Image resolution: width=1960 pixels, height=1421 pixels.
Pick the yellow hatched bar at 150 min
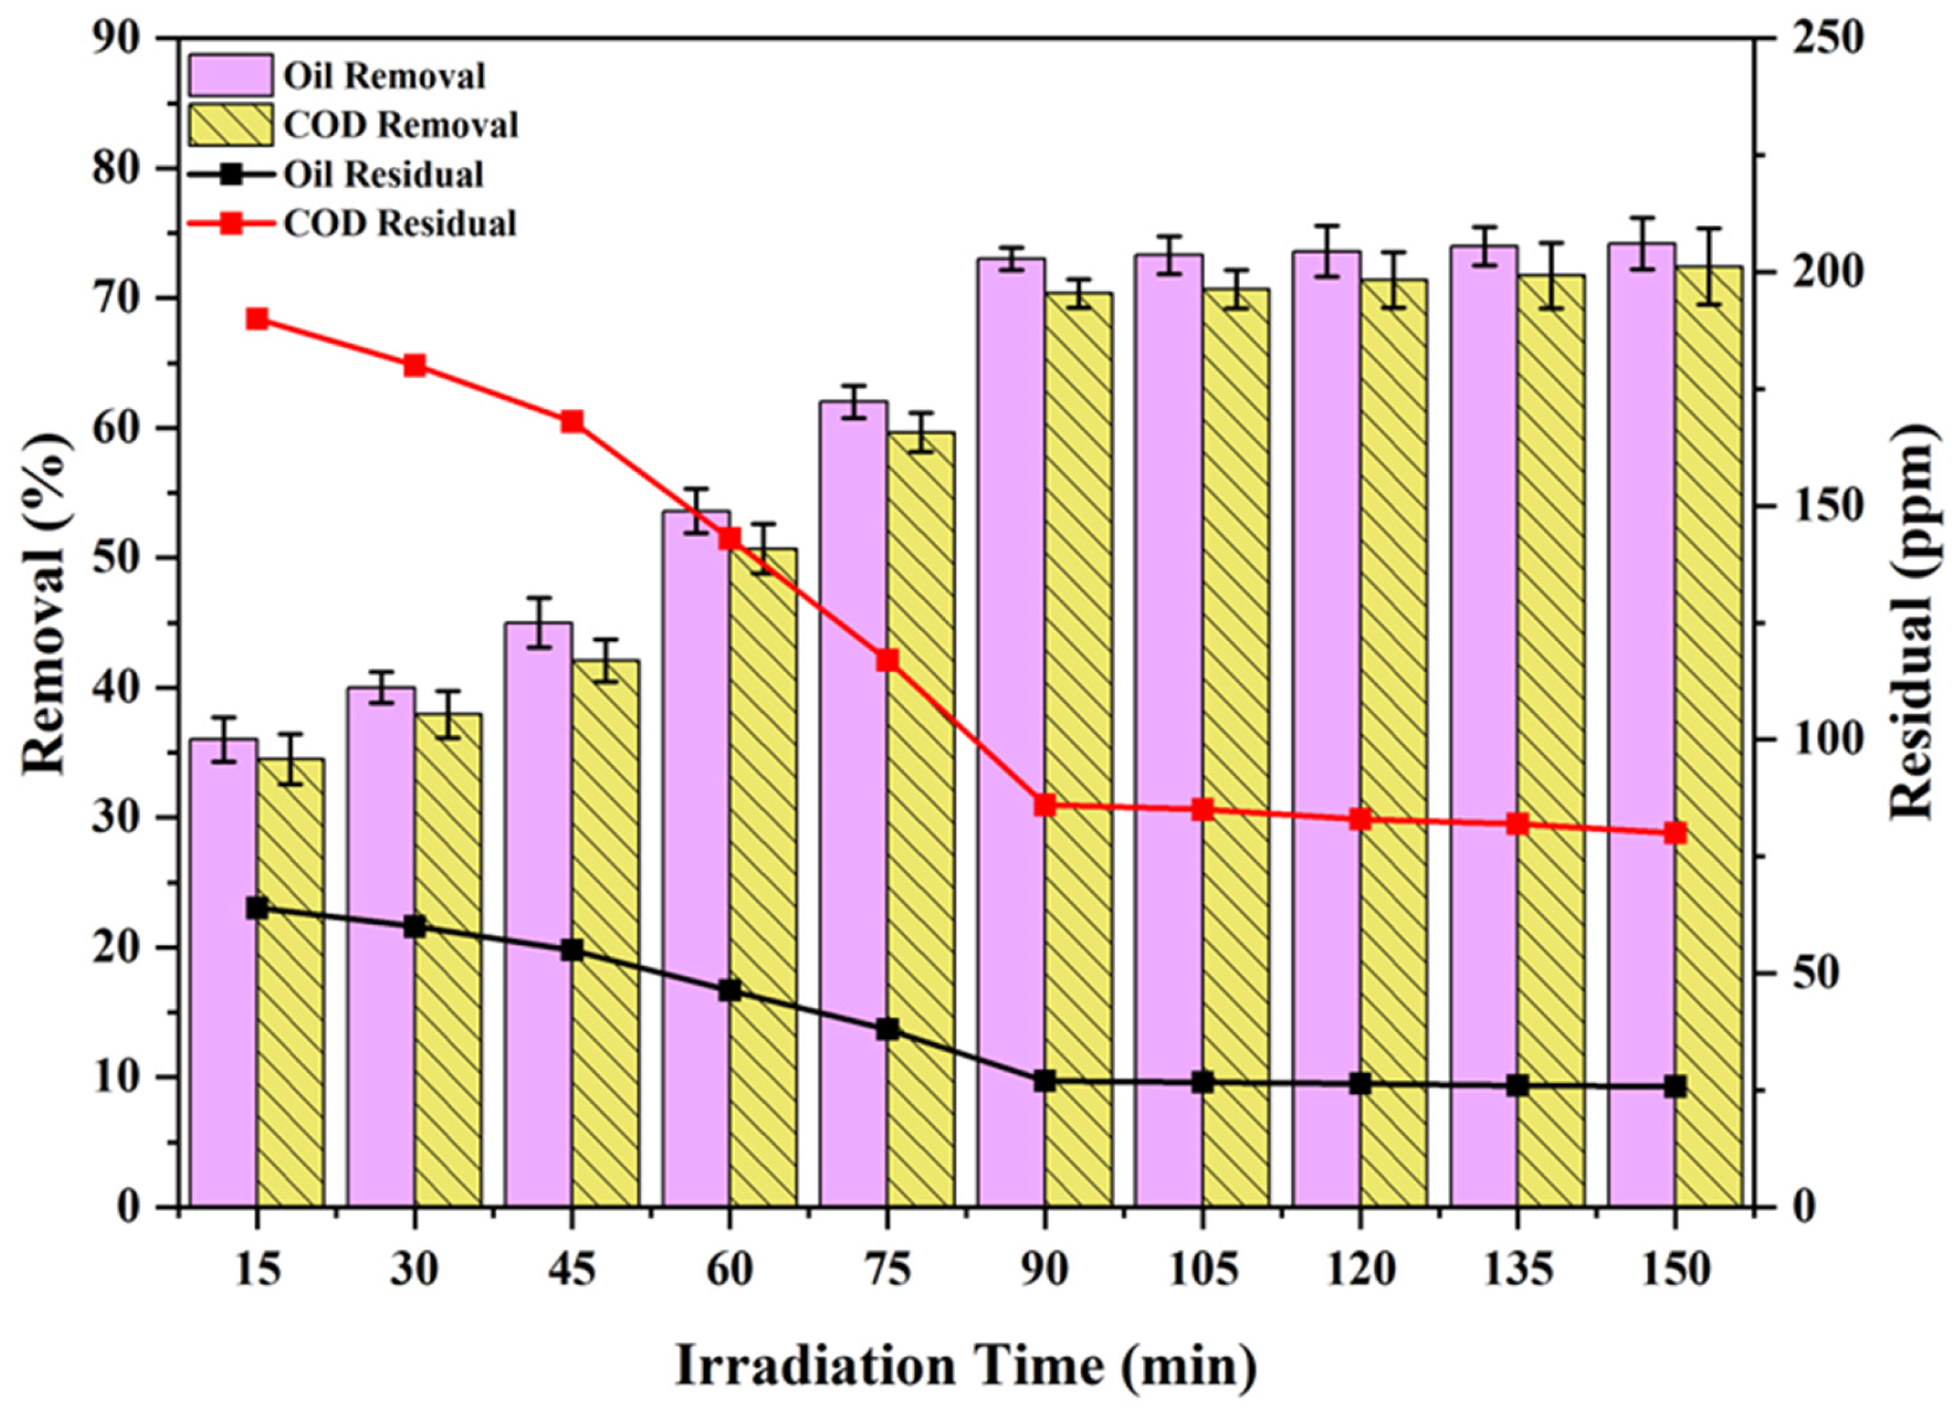coord(1708,735)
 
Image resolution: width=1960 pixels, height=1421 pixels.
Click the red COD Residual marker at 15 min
coord(256,319)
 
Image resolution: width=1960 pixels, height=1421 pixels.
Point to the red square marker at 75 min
coord(887,660)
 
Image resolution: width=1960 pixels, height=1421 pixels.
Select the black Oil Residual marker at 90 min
coord(1045,1081)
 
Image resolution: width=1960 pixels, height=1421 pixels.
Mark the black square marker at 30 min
coord(415,926)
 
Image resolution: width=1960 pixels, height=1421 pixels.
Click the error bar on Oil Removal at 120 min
coord(1326,251)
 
